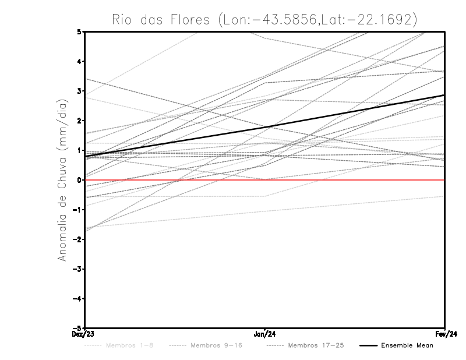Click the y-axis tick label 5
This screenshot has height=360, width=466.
79,32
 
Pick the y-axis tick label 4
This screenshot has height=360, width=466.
79,61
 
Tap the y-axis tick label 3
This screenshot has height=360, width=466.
79,91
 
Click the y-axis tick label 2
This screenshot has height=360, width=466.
79,121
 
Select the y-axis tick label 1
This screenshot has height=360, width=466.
79,150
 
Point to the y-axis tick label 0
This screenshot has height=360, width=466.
79,180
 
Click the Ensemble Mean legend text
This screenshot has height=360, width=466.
407,345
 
